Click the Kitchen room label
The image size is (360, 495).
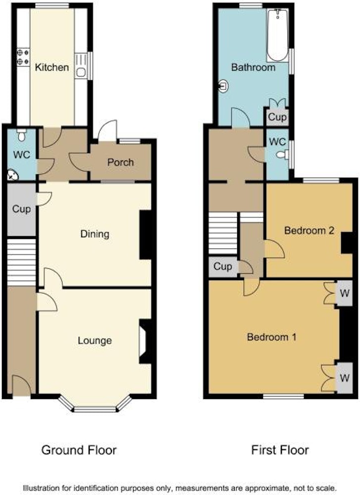(x=52, y=67)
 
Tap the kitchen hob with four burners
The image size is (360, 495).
(x=23, y=57)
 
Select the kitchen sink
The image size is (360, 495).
(x=81, y=65)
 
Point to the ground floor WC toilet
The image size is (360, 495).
(x=22, y=135)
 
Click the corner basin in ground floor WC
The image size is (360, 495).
(x=13, y=175)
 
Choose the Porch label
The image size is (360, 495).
(x=121, y=162)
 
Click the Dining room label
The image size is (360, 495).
(x=95, y=234)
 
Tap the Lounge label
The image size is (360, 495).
(x=95, y=341)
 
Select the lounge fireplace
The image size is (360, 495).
(x=145, y=342)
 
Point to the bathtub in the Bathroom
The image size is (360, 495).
(x=278, y=35)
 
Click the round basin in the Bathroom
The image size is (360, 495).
(x=223, y=86)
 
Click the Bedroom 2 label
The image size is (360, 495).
(x=309, y=231)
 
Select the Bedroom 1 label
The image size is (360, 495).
(x=271, y=337)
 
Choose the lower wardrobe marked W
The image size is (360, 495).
(x=344, y=377)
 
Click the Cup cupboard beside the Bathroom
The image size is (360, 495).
(x=277, y=117)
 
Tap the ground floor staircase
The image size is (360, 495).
(x=21, y=262)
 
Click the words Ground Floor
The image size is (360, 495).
(x=79, y=450)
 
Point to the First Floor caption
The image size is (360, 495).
(x=280, y=450)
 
